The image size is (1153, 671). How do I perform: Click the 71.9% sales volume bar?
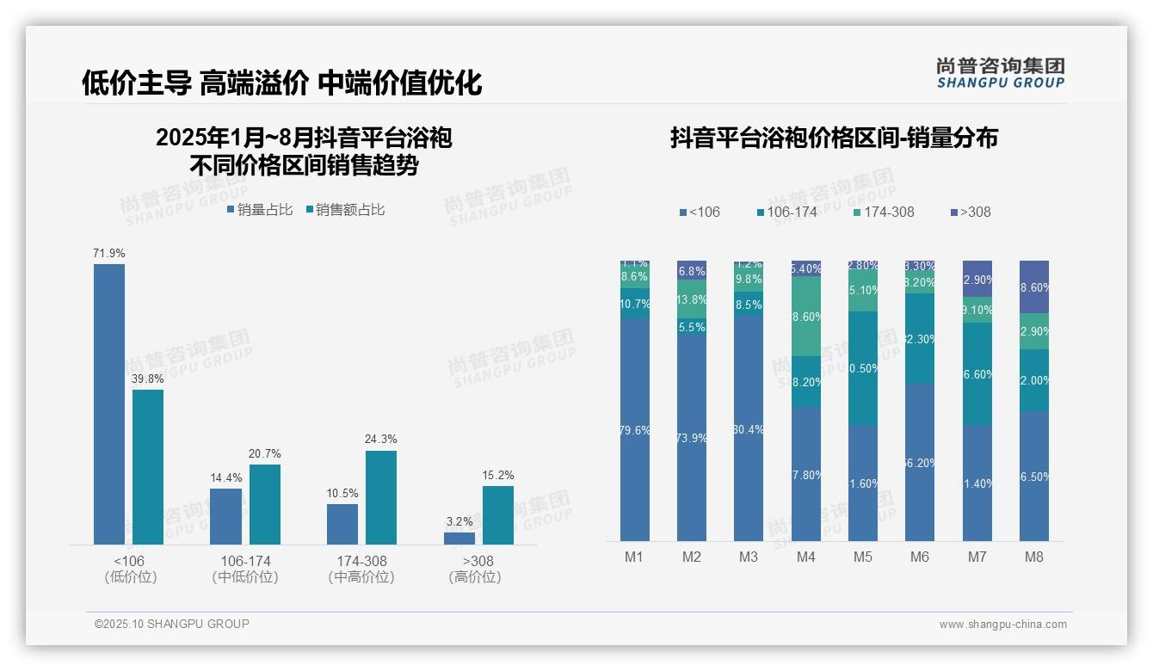tap(109, 403)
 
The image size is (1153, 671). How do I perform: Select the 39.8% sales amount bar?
tap(148, 466)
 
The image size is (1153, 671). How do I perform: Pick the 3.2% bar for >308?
tap(459, 538)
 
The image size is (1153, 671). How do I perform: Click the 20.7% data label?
tap(265, 453)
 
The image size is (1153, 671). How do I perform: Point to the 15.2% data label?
tap(498, 475)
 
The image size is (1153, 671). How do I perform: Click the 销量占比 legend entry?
tap(260, 210)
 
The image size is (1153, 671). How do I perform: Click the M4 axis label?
tap(805, 557)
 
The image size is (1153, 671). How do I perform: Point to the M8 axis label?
tap(1034, 557)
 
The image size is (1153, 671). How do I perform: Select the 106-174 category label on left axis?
tap(245, 561)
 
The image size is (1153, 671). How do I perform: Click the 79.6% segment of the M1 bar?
tap(635, 430)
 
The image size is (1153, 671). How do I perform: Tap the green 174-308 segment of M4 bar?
tap(805, 316)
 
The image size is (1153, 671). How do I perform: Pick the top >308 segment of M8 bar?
tap(1034, 286)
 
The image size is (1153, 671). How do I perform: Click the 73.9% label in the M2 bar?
tap(692, 438)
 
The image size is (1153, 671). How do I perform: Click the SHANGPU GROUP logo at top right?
tap(1001, 73)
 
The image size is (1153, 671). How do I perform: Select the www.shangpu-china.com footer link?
tap(1002, 625)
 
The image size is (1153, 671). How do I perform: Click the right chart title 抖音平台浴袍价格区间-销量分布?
tap(834, 138)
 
